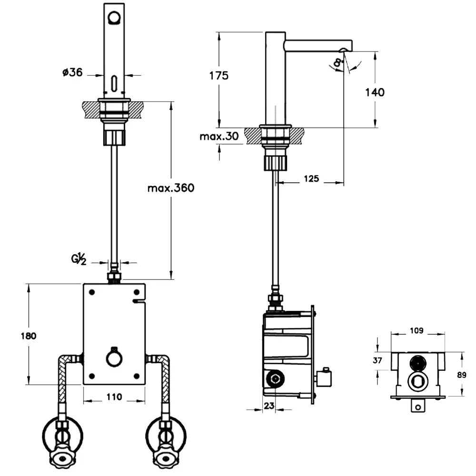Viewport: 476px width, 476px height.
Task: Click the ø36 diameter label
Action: (x=72, y=72)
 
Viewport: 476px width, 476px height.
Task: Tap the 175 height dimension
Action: (x=219, y=76)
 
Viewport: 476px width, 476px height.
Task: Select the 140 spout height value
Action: (x=375, y=92)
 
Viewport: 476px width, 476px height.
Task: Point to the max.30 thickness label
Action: (x=219, y=136)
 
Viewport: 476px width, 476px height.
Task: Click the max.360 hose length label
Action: (x=171, y=188)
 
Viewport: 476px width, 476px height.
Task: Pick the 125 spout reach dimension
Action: (x=311, y=178)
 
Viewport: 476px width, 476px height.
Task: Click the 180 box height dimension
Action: (x=29, y=336)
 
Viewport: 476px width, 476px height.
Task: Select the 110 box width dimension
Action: (x=114, y=397)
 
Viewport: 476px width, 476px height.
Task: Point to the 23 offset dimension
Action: (x=269, y=406)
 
